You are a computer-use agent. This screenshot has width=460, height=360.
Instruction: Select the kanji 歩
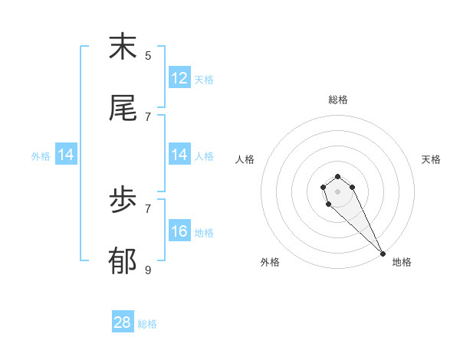123,201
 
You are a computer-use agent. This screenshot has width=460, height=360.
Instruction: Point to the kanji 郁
123,263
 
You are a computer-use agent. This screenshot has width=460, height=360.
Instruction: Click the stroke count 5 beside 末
148,55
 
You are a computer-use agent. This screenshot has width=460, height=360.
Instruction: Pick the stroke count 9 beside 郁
148,270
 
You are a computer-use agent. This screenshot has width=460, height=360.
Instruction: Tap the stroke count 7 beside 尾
148,116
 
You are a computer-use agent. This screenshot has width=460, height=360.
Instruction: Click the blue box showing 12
179,78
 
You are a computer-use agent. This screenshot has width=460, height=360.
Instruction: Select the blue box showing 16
179,231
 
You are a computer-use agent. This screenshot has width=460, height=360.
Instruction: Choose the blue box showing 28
123,322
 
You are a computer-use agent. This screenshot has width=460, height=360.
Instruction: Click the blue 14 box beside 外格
66,155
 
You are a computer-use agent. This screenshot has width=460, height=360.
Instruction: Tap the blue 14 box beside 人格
179,155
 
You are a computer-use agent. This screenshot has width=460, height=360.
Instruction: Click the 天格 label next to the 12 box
204,79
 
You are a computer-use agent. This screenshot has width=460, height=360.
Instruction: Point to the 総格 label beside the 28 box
147,324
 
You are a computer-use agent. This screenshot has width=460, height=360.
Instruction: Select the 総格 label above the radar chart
338,100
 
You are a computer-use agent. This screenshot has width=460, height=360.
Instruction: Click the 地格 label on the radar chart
402,262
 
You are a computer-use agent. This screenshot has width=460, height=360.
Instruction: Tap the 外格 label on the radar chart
270,262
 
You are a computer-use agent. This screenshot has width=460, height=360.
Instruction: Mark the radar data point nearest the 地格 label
383,254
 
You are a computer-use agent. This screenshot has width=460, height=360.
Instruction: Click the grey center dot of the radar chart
338,191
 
